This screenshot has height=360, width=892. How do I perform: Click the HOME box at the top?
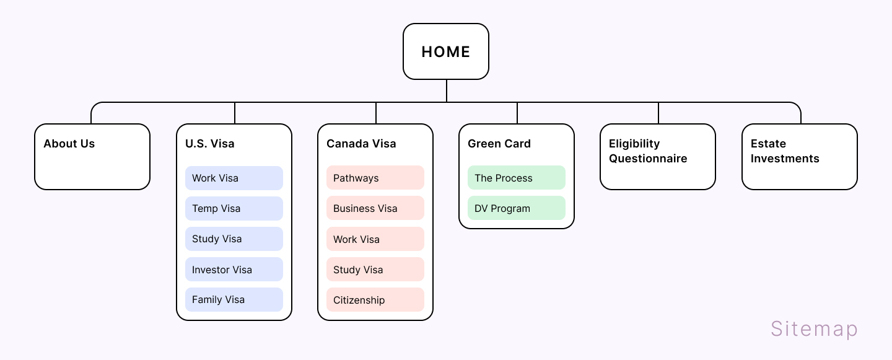point(445,51)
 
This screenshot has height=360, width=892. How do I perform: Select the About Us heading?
point(69,144)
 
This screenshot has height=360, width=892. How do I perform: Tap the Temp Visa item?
point(234,208)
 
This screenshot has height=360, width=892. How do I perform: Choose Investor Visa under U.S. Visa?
point(234,269)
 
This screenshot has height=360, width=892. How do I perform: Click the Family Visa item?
point(234,299)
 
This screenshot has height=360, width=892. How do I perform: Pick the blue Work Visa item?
point(234,178)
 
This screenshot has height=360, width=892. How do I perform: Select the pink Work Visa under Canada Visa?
point(375,239)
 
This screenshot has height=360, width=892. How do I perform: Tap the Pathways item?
point(375,178)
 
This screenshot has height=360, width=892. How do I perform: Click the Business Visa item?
point(375,208)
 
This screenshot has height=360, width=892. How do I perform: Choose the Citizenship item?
point(375,299)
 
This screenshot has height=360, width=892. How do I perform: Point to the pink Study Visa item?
point(375,269)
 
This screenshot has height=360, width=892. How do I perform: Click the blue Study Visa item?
point(234,239)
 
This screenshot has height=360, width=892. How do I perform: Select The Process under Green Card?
point(517,178)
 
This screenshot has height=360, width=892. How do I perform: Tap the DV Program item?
point(517,208)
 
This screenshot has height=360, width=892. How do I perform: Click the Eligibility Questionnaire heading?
point(648,151)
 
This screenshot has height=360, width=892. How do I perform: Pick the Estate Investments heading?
point(785,151)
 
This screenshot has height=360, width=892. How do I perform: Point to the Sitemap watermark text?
point(814,329)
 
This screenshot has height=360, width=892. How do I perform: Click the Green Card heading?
point(499,144)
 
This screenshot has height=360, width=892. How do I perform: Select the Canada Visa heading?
point(361,144)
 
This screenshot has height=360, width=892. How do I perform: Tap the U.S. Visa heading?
point(210,144)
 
